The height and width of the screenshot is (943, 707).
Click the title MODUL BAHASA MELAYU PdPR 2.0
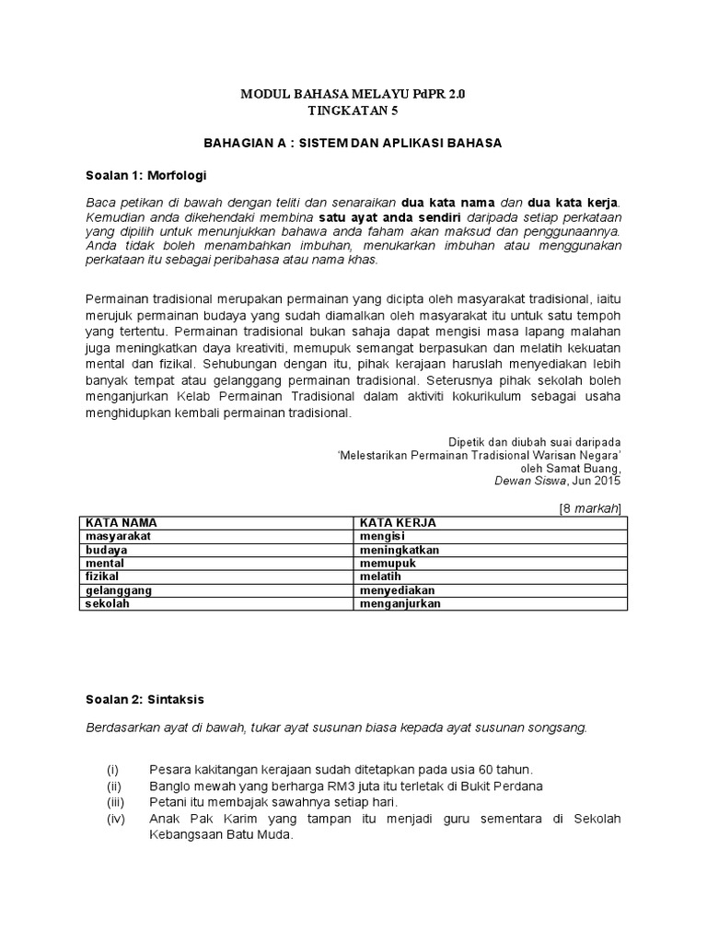[x=353, y=95]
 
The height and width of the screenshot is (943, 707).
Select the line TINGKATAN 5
[x=353, y=111]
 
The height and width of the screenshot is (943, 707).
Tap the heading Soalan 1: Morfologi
[x=146, y=173]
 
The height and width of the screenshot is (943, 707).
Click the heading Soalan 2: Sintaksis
[x=145, y=699]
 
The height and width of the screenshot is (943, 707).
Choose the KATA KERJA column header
[x=398, y=522]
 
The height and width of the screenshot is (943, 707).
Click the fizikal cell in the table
[x=104, y=576]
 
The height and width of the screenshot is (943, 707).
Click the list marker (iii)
[x=114, y=802]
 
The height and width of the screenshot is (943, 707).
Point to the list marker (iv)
[x=114, y=819]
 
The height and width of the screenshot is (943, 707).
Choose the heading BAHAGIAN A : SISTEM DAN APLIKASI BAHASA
[x=353, y=143]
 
